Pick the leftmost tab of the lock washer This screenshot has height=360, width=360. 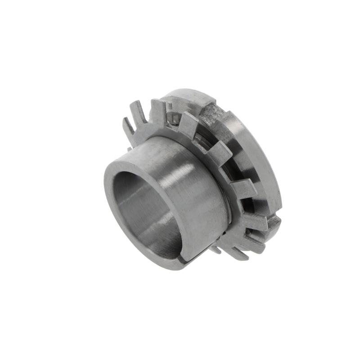point(128,126)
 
